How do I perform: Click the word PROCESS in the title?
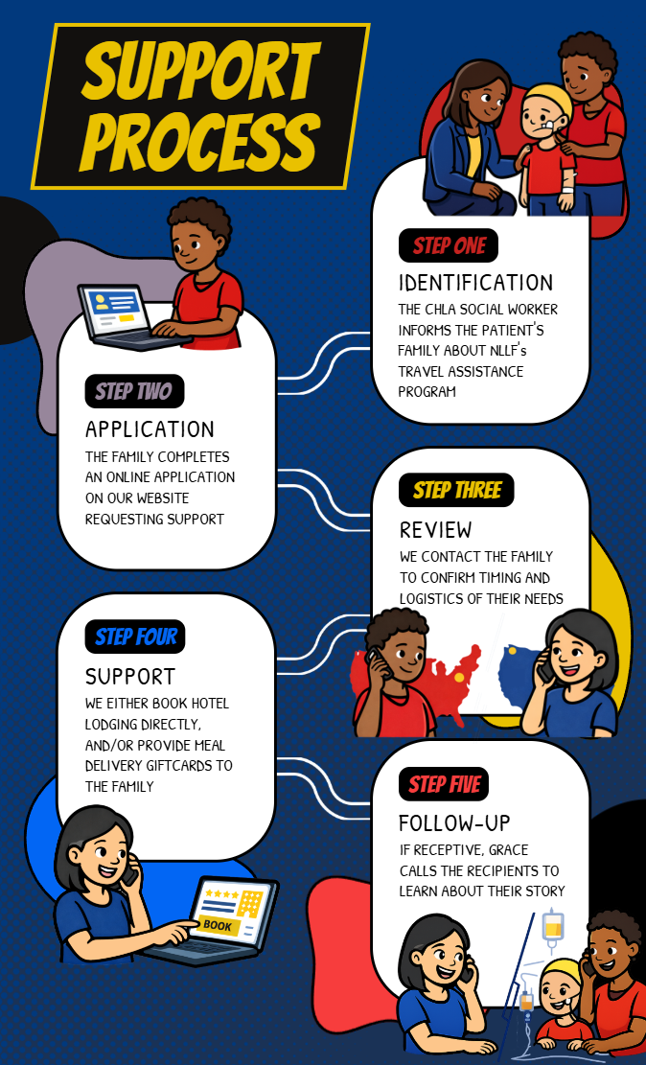[200, 138]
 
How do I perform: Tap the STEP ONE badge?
[449, 245]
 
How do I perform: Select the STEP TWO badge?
[133, 391]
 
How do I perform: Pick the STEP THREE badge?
[456, 491]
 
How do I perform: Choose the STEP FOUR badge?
[135, 637]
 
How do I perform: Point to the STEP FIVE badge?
[445, 784]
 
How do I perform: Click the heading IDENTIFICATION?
[475, 283]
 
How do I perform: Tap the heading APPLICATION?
[150, 428]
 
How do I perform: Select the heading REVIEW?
[436, 529]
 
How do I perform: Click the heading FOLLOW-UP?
[454, 822]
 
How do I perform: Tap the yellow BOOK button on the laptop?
[218, 925]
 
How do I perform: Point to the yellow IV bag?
[552, 926]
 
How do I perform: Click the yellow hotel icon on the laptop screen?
[249, 902]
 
